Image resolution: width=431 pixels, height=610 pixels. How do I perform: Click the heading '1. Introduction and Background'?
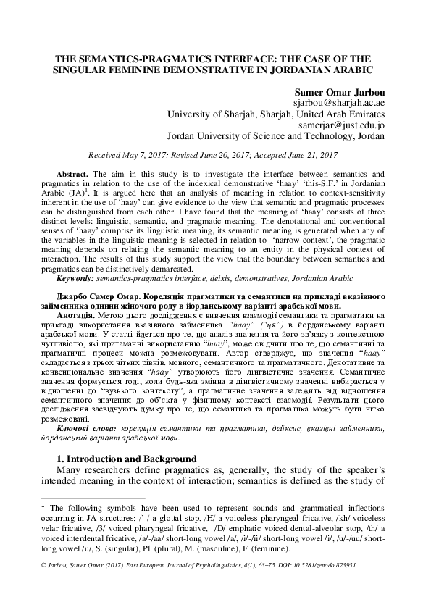click(126, 459)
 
